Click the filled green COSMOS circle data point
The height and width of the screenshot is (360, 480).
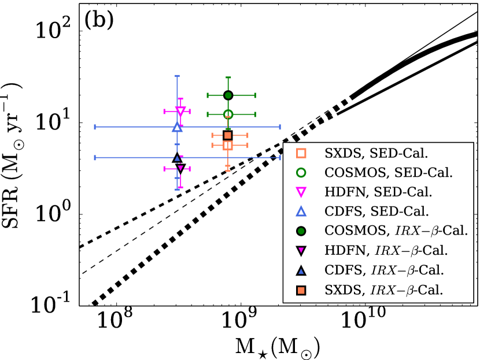[x=228, y=95]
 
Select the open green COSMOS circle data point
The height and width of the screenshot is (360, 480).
[x=228, y=114]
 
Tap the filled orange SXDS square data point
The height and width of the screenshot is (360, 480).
[x=228, y=135]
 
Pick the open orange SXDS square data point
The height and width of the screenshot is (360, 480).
[x=228, y=145]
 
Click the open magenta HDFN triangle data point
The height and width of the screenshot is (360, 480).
[x=180, y=111]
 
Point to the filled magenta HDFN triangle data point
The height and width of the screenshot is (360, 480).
[x=180, y=168]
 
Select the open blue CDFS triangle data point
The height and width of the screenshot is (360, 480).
[x=177, y=127]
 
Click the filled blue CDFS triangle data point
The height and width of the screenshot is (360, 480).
[x=177, y=157]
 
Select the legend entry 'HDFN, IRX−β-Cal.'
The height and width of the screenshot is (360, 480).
[x=385, y=250]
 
